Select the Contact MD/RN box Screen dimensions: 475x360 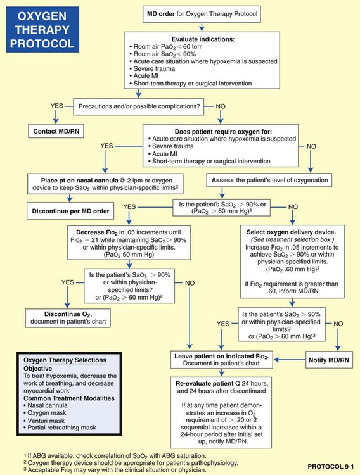(55, 132)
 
